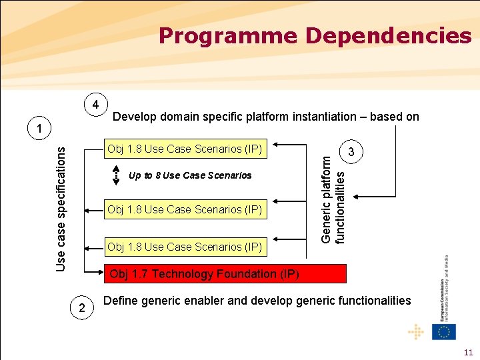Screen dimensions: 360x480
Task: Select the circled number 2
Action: [81, 307]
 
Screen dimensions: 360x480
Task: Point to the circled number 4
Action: [96, 105]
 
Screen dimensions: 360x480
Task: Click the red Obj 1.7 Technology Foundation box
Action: [224, 274]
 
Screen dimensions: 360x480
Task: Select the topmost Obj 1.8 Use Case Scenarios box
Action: [185, 149]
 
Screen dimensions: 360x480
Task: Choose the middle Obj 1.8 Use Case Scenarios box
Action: [185, 209]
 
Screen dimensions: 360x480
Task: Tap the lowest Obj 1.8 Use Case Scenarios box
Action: [185, 247]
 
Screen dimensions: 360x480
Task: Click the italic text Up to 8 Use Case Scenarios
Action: [190, 175]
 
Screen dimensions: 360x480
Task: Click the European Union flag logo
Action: [444, 331]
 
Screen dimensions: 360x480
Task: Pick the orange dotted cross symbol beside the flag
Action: [417, 331]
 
